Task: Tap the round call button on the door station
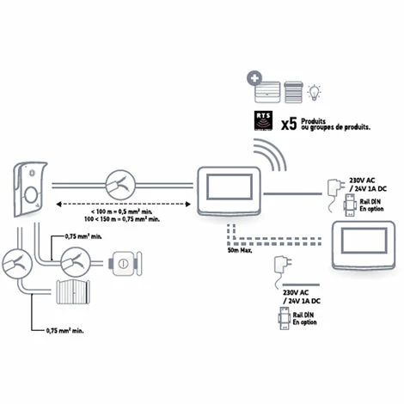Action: (x=31, y=195)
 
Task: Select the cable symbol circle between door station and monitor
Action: (x=120, y=183)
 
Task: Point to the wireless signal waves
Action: (x=278, y=161)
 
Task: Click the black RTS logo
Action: (x=263, y=121)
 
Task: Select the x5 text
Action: (x=289, y=125)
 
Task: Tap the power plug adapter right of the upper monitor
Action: (x=333, y=187)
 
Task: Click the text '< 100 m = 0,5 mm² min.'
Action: (x=125, y=211)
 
